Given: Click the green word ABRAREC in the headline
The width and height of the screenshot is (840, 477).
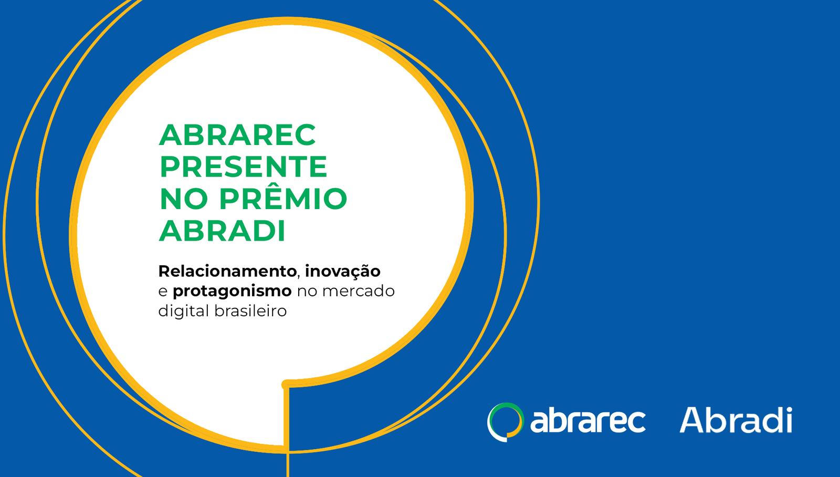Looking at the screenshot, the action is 237,134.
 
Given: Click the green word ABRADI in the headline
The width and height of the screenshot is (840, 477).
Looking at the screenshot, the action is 222,231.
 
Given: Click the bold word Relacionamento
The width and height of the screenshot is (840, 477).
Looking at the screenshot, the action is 227,272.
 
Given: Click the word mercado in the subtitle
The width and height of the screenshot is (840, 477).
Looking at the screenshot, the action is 358,291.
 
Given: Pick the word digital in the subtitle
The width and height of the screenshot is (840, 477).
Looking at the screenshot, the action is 184,312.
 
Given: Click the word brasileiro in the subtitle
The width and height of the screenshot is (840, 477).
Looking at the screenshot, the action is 250,311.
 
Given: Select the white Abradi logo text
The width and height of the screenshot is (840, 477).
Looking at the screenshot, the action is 736,420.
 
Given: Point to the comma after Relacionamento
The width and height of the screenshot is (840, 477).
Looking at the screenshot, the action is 299,277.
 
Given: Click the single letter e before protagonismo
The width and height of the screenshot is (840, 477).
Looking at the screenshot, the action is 163,292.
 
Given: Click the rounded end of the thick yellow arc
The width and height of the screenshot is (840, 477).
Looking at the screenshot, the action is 286,385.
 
